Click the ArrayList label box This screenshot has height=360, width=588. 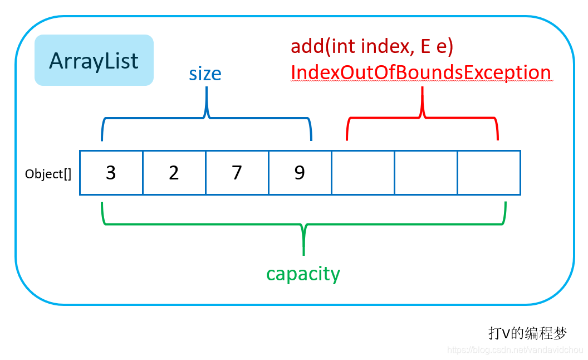click(94, 60)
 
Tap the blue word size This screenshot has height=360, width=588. click(205, 74)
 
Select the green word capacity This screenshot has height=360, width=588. click(303, 274)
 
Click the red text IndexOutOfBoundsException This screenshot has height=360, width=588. click(420, 72)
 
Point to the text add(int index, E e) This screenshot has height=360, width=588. click(372, 47)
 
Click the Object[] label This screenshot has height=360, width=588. click(48, 174)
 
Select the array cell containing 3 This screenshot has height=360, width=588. click(111, 173)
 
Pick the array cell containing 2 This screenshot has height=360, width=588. click(174, 173)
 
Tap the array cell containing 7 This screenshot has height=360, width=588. click(237, 173)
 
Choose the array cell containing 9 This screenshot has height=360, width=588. click(300, 173)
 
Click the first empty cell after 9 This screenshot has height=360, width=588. click(363, 173)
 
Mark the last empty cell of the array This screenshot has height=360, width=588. click(489, 173)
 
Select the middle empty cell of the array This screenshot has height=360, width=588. click(426, 173)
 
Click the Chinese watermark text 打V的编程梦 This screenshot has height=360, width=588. click(527, 333)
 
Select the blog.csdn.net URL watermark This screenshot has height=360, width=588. click(515, 350)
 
